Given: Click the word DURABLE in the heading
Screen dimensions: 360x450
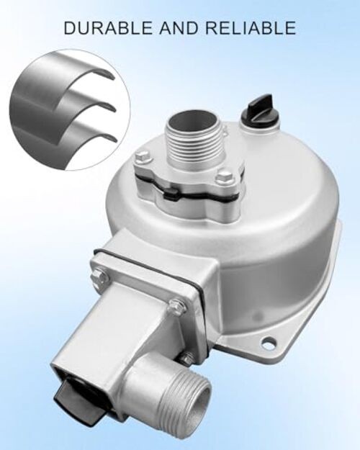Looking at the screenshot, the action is pyautogui.click(x=109, y=27).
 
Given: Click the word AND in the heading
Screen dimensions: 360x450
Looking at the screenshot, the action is pyautogui.click(x=179, y=27).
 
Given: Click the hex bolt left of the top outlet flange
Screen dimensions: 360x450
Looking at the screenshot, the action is pyautogui.click(x=141, y=158).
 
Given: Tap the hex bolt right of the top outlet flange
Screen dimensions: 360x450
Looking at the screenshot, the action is pyautogui.click(x=222, y=175).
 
